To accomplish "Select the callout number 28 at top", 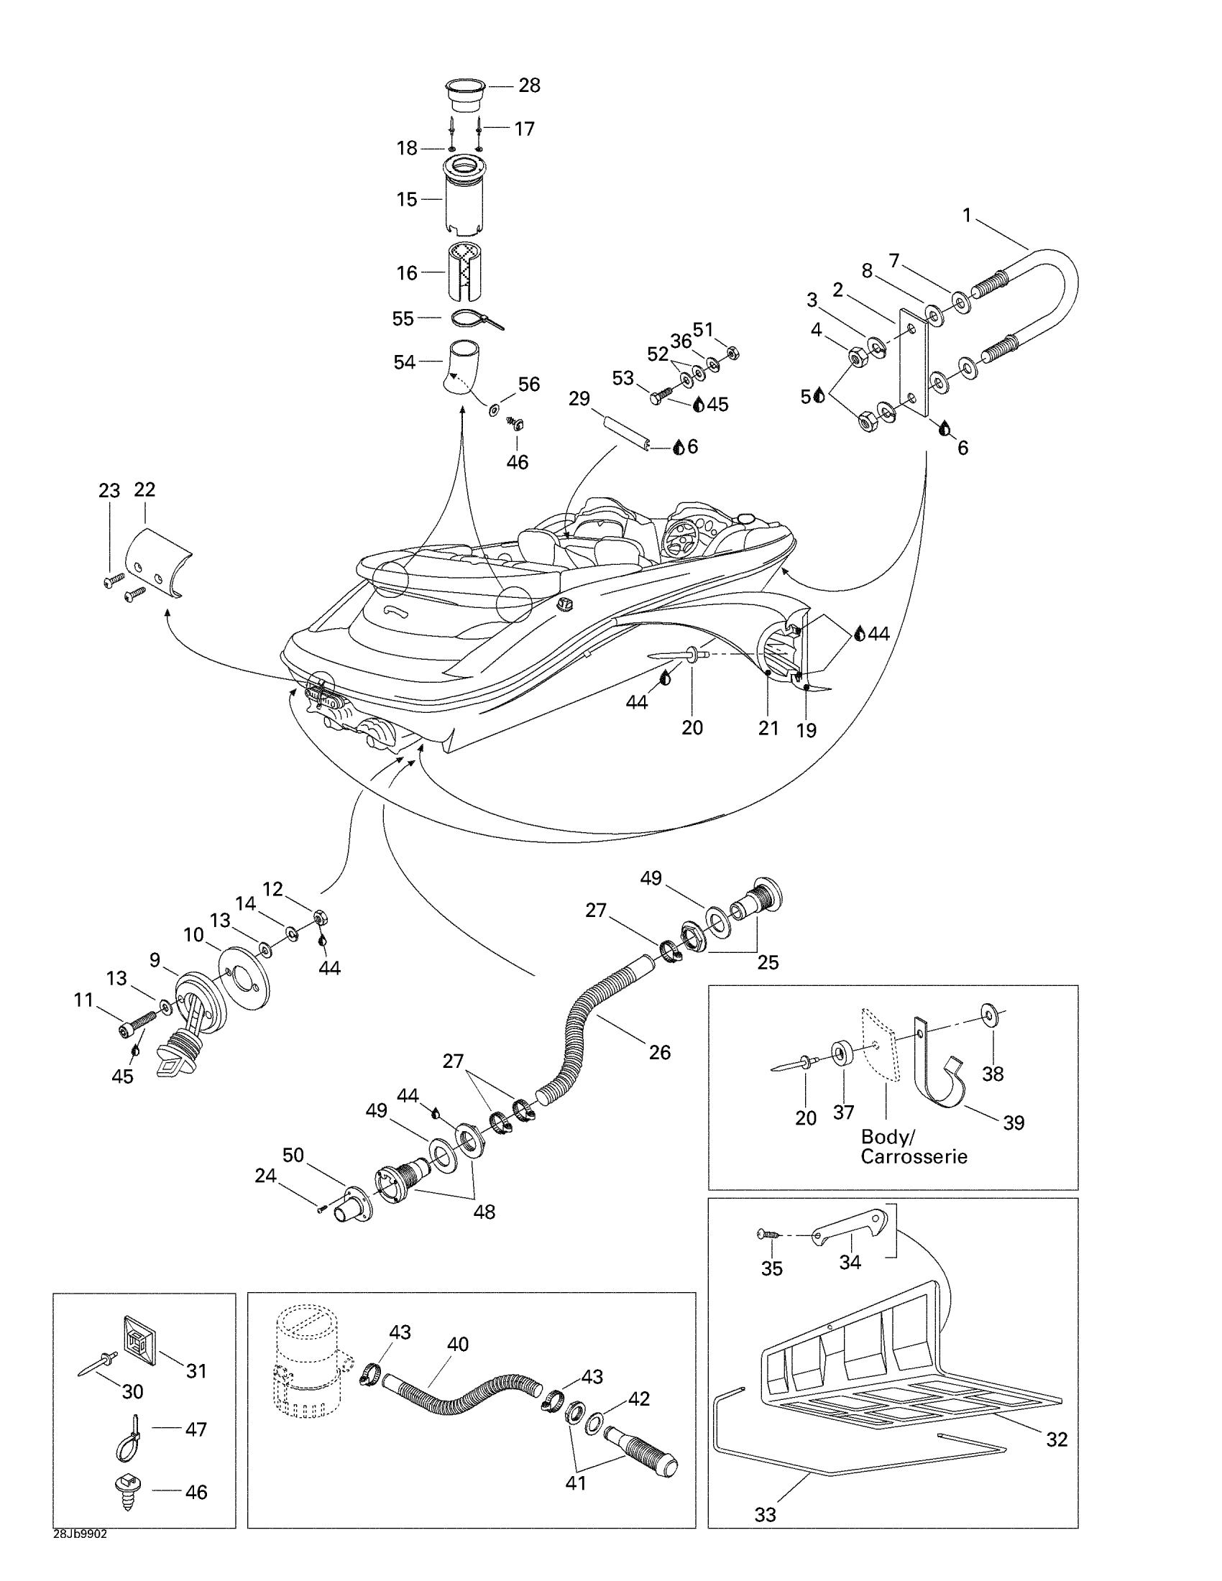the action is coord(529,86).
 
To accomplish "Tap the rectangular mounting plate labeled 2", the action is coord(914,362).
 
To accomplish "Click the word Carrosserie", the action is coord(914,1156).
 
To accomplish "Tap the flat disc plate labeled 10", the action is coord(243,977).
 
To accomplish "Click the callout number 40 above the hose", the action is coord(457,1345).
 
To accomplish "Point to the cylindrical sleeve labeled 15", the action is coord(464,197).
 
